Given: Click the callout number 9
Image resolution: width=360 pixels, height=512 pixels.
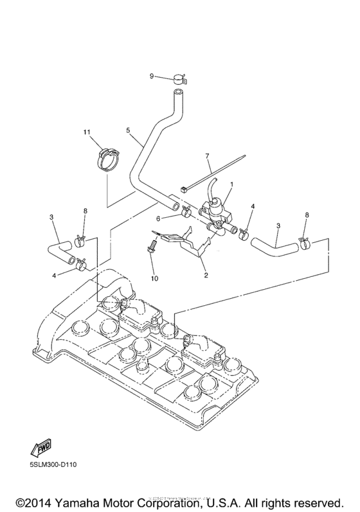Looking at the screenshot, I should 152,76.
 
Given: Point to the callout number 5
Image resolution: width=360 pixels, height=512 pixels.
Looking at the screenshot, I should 129,130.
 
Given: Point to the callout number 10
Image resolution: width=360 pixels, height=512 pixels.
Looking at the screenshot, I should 153,279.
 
